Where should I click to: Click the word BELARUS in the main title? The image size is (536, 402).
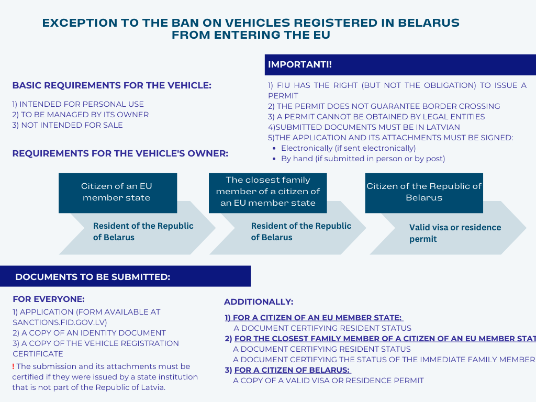pos(429,23)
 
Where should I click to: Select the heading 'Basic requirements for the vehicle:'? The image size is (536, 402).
pos(112,85)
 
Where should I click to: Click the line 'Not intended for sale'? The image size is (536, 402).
pos(68,125)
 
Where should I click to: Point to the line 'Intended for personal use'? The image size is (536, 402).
pos(78,104)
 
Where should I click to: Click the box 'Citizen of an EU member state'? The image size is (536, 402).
pos(118,193)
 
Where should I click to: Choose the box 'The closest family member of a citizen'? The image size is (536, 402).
pos(268,193)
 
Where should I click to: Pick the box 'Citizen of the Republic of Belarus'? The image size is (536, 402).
pos(424,193)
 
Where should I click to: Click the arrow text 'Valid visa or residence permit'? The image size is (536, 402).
pos(455,233)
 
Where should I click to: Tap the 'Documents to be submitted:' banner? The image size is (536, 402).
pos(125,276)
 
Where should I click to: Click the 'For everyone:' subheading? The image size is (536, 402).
pos(49,299)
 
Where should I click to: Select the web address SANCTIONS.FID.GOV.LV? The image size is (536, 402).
pos(60,322)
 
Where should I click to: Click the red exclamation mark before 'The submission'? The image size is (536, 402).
pos(13,366)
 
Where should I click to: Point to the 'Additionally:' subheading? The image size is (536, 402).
pos(259,302)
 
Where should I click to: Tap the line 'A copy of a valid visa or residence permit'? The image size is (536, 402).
pos(329,381)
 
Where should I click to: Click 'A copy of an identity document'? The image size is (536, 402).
pos(89,333)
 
